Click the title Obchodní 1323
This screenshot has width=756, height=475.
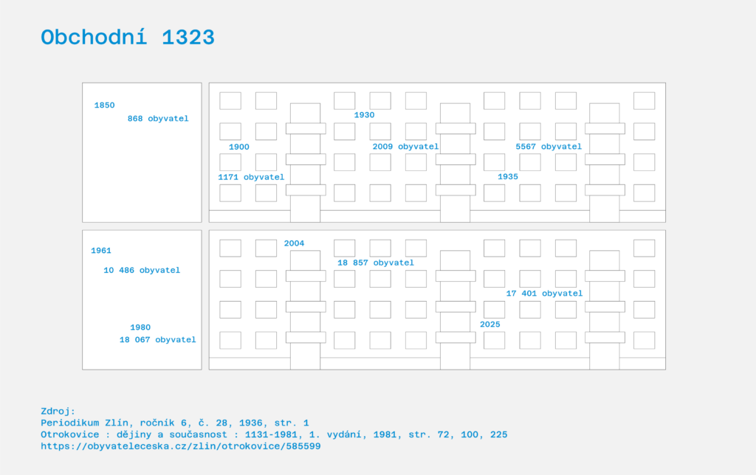(x=128, y=37)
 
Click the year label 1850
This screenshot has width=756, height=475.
(x=105, y=105)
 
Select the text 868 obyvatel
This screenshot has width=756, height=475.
(x=158, y=119)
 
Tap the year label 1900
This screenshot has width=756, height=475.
(x=239, y=147)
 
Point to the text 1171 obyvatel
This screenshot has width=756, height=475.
(x=251, y=177)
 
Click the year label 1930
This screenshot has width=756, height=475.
(x=364, y=115)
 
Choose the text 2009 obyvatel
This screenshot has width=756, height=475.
(x=405, y=147)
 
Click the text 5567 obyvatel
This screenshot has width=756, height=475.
(x=549, y=147)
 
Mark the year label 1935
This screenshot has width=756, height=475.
(x=508, y=177)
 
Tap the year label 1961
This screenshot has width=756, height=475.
(x=101, y=251)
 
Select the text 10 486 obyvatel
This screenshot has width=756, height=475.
(x=142, y=270)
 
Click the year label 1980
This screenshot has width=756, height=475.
(x=140, y=327)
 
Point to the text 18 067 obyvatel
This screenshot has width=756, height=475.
(x=158, y=339)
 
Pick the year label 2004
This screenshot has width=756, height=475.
(x=294, y=243)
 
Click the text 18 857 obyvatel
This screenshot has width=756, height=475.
(x=376, y=263)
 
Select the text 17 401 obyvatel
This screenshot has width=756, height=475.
(x=544, y=294)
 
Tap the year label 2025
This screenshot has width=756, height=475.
(x=490, y=325)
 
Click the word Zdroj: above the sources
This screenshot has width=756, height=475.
(x=58, y=412)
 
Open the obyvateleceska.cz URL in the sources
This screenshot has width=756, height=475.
(x=181, y=446)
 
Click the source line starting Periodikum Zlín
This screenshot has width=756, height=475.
(x=175, y=423)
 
